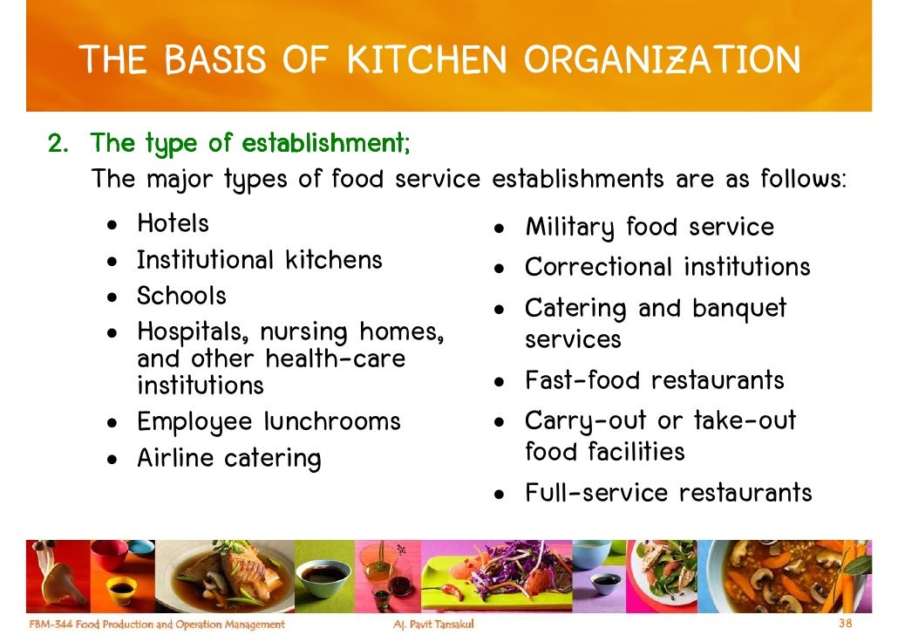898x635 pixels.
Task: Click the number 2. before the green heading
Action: point(58,142)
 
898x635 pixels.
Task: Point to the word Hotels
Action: point(173,223)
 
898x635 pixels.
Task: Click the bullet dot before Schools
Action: point(112,297)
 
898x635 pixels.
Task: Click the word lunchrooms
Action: point(332,422)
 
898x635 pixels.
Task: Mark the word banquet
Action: point(739,309)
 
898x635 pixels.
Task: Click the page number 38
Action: point(845,624)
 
